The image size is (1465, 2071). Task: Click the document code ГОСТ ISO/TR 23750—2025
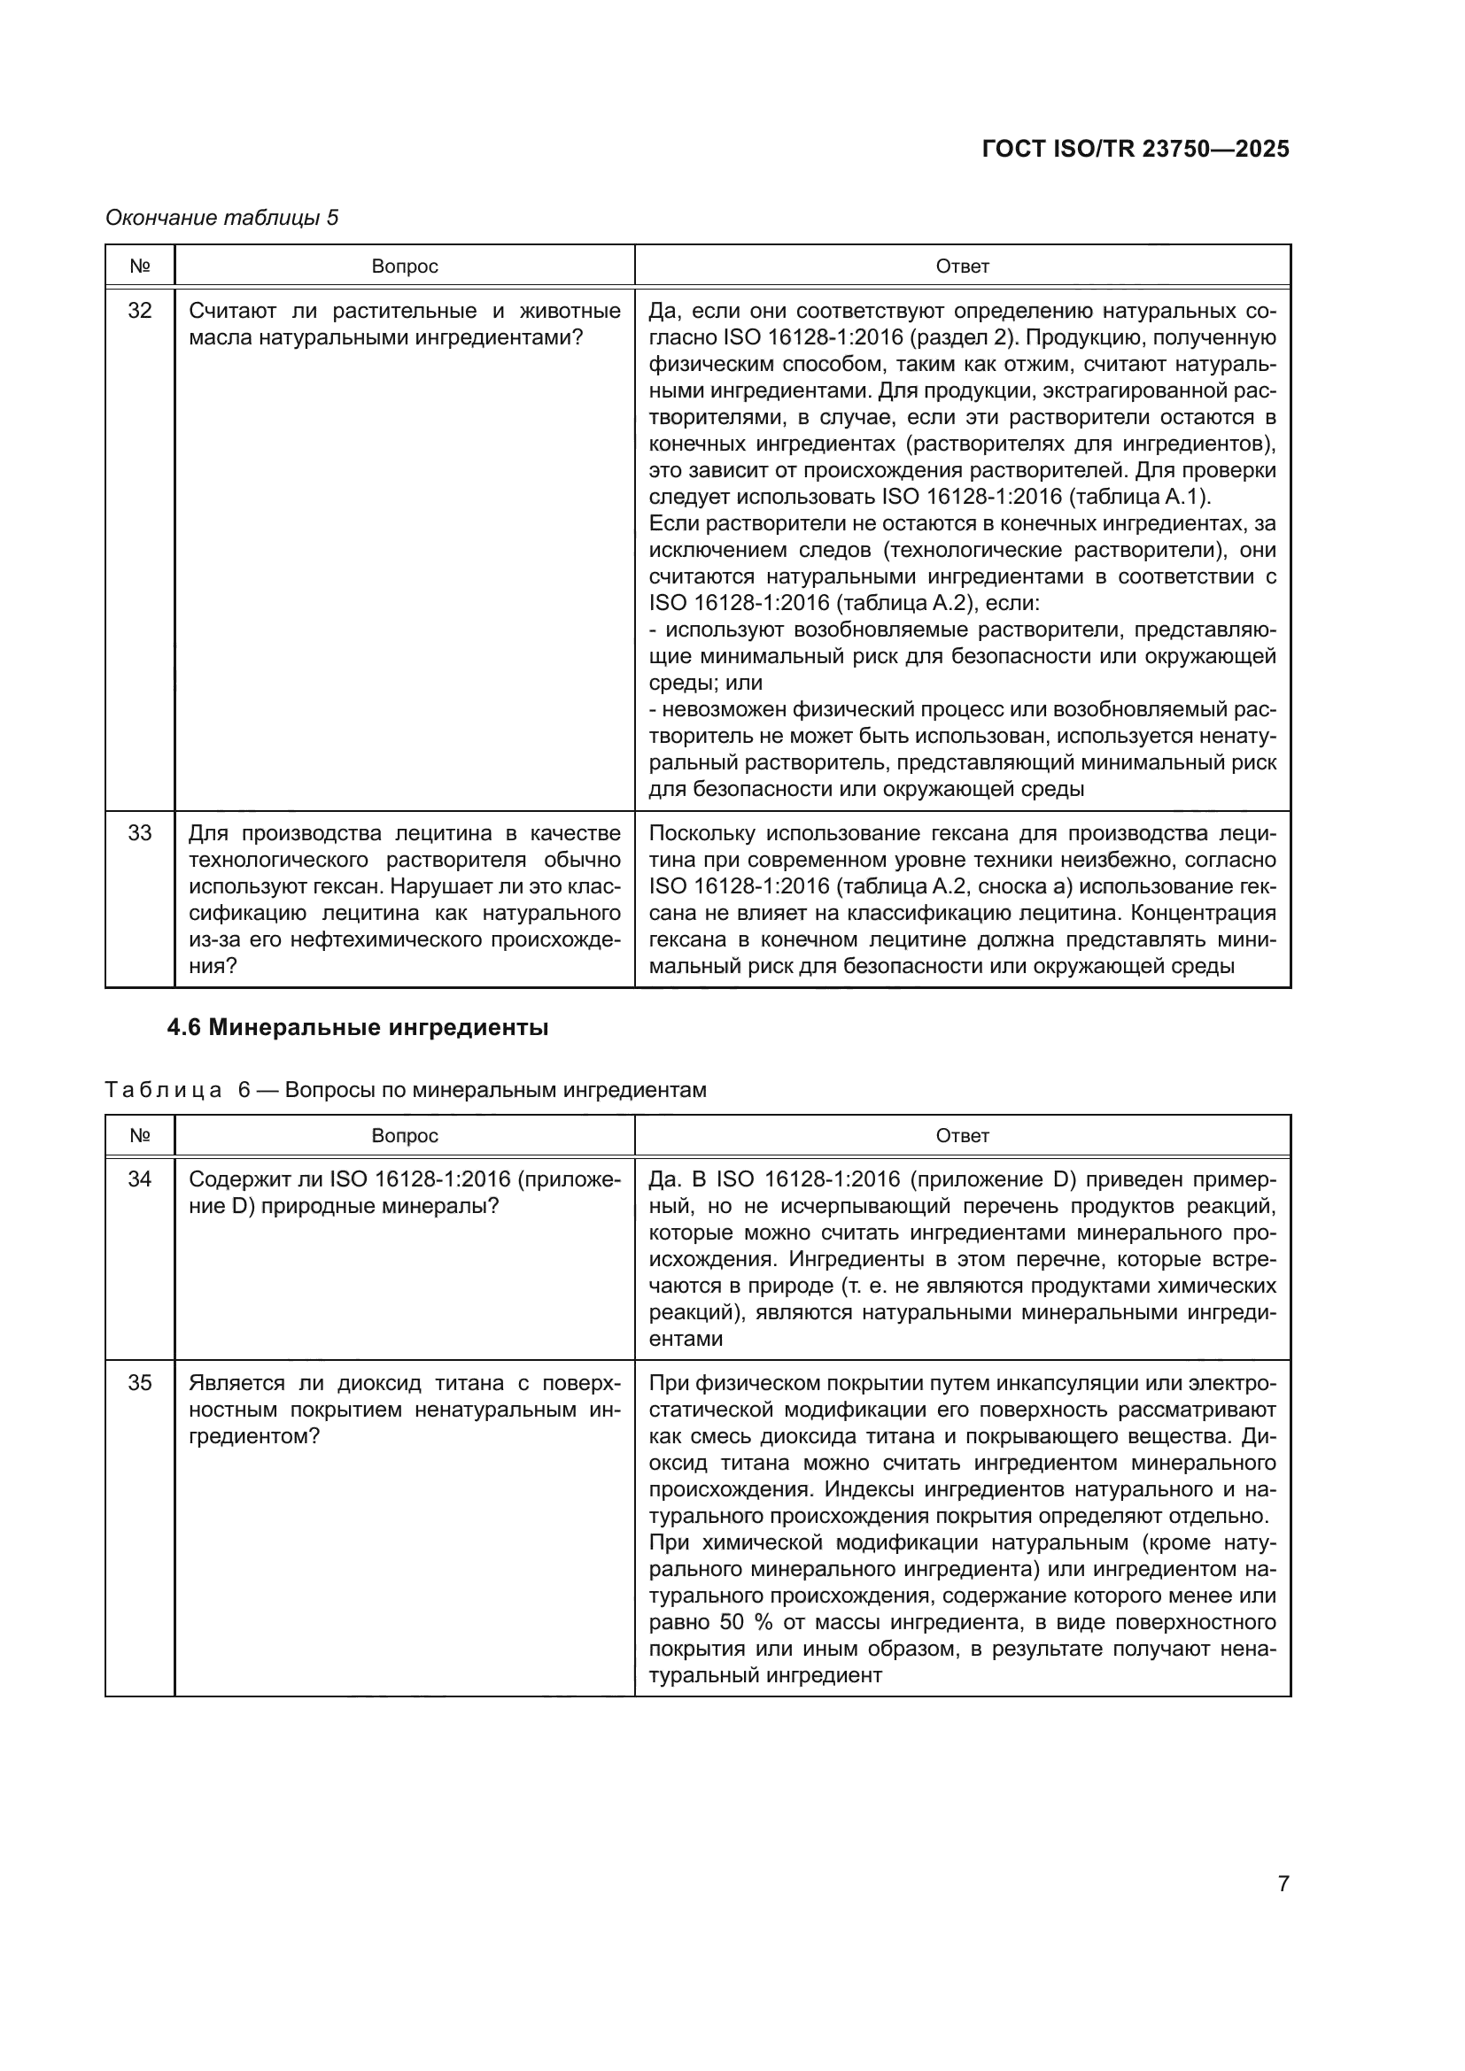(x=1135, y=149)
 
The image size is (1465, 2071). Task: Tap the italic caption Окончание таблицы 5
(x=222, y=218)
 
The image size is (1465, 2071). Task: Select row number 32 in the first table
(x=140, y=311)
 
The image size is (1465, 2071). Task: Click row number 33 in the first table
(x=140, y=832)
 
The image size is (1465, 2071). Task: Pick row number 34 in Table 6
(x=140, y=1178)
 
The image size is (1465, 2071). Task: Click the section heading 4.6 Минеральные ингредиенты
(x=357, y=1027)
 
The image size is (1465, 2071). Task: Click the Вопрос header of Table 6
(x=404, y=1136)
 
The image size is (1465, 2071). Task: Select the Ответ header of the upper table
(x=962, y=267)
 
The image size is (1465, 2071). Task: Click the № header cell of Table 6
(x=140, y=1136)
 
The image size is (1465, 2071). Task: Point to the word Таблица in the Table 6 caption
(x=163, y=1091)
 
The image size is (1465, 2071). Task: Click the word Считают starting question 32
(x=232, y=311)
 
